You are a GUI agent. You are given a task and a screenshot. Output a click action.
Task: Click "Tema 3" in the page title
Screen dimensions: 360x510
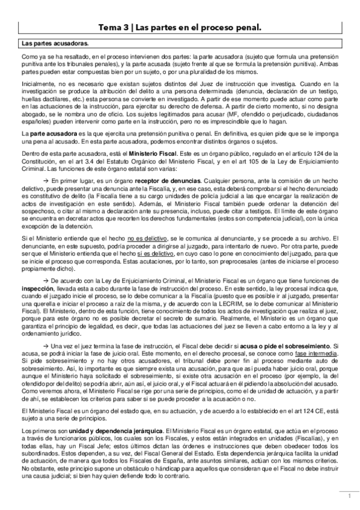tap(114, 27)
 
